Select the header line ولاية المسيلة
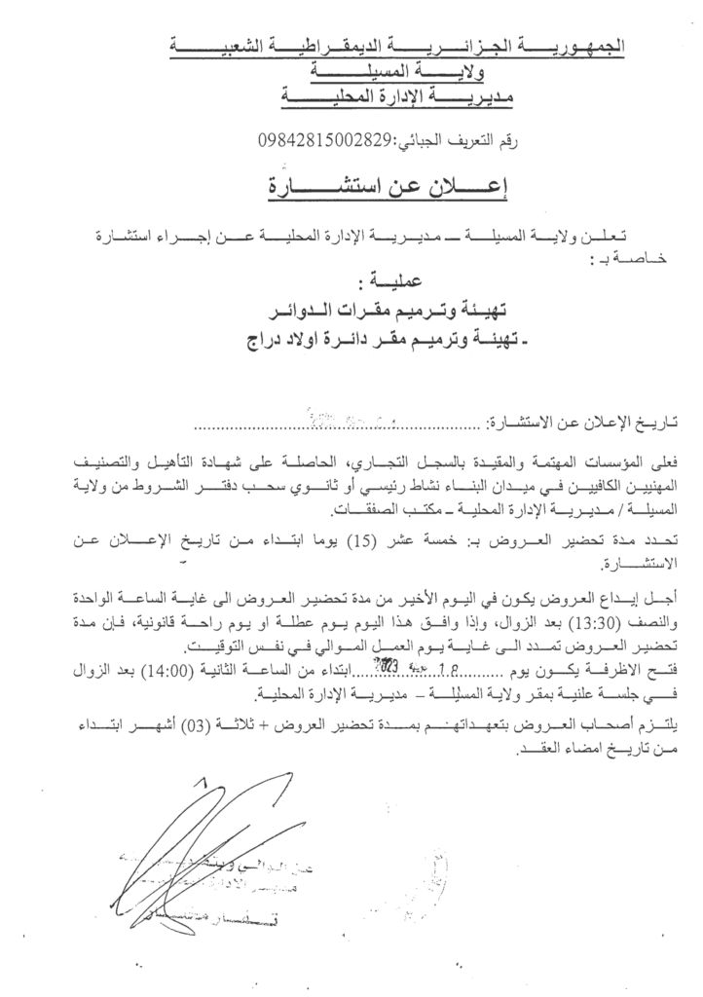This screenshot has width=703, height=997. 398,72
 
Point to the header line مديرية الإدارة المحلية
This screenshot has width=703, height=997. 398,97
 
